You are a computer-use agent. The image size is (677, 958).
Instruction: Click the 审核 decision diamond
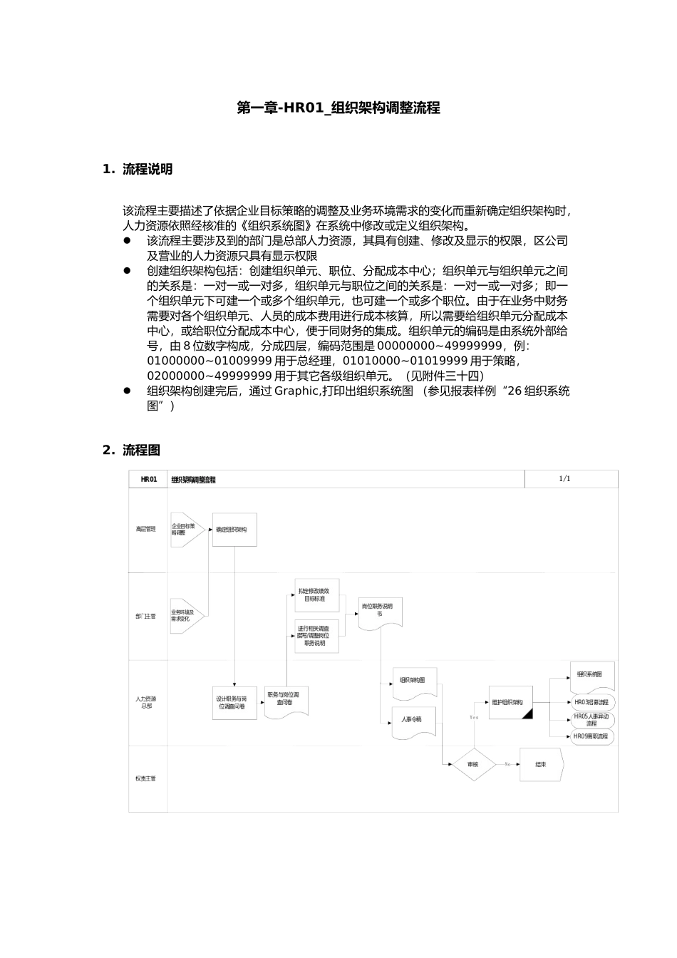point(472,764)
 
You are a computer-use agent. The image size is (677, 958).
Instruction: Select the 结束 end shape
point(541,764)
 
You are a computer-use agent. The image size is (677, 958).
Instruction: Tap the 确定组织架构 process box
point(234,530)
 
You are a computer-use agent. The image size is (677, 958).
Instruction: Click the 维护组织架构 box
point(511,702)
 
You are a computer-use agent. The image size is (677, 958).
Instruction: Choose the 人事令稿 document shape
point(413,720)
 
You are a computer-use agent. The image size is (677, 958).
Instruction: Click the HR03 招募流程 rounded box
point(592,703)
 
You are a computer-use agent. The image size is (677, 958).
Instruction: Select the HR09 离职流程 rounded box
point(592,736)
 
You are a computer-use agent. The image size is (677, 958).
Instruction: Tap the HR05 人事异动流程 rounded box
point(592,719)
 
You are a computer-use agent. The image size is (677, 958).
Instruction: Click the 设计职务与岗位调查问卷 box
point(234,703)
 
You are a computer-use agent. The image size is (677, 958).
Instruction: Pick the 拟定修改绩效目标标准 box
point(316,596)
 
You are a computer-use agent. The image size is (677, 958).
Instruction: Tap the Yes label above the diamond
point(473,717)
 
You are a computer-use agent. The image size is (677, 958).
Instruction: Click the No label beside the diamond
point(507,764)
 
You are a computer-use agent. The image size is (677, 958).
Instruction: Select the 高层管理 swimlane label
point(146,529)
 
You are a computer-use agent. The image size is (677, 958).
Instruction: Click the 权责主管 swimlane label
point(146,778)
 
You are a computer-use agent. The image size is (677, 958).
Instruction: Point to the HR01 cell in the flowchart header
point(148,480)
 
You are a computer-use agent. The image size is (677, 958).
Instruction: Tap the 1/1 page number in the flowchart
point(564,479)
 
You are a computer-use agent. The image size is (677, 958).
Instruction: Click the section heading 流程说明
point(147,170)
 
